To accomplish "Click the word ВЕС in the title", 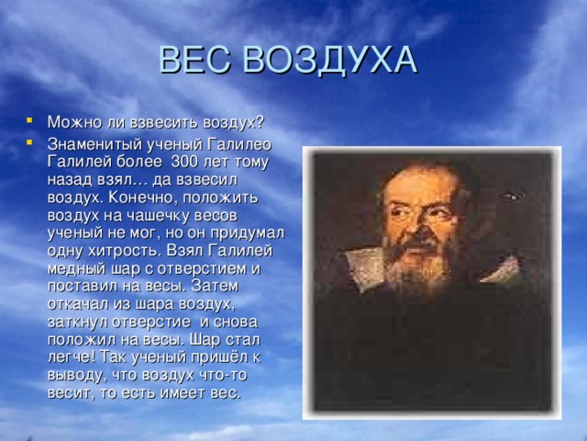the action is click(194, 60).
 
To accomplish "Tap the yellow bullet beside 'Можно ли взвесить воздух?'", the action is click(29, 120).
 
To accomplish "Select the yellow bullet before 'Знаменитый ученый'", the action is click(29, 142).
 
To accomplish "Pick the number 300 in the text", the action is click(184, 162).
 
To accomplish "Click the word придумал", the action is click(247, 233).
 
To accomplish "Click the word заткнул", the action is click(77, 322).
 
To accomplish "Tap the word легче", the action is click(70, 357).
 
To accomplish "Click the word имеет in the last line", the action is click(184, 392).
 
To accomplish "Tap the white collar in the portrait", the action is click(365, 268).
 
